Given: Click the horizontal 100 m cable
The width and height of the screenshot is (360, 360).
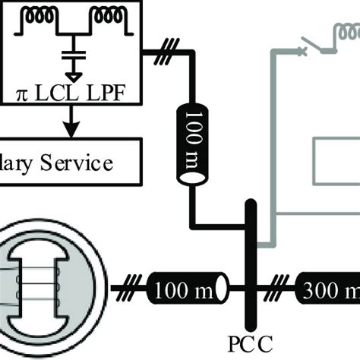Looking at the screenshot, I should (187, 289).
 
